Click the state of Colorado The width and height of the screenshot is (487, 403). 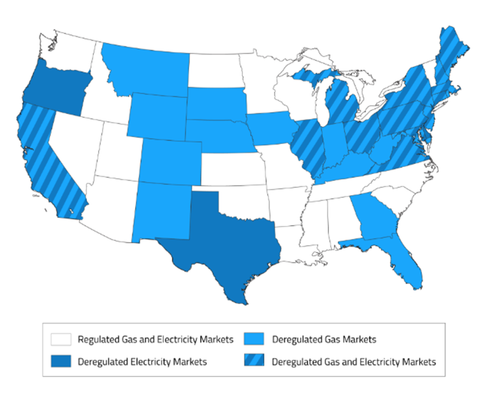coord(171,160)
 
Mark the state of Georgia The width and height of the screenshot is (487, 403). coord(377,217)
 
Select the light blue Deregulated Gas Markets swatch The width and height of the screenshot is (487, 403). coord(255,339)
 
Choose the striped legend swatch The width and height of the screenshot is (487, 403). coord(255,362)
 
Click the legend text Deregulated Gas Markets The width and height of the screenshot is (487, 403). coord(324,339)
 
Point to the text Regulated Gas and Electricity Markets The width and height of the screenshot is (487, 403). coord(155,339)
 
